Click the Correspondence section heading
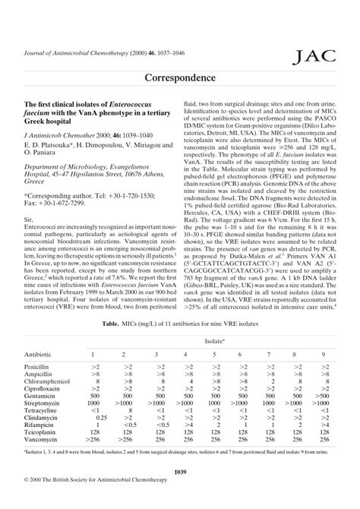tap(180, 78)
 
